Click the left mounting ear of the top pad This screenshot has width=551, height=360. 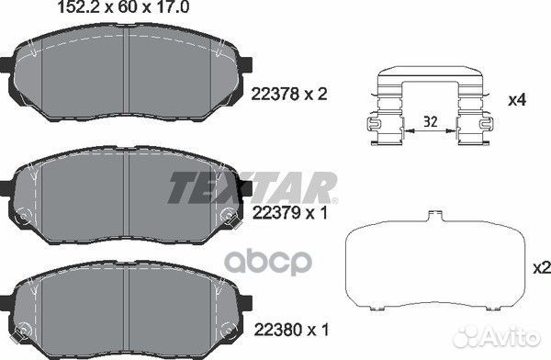tap(6, 67)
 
